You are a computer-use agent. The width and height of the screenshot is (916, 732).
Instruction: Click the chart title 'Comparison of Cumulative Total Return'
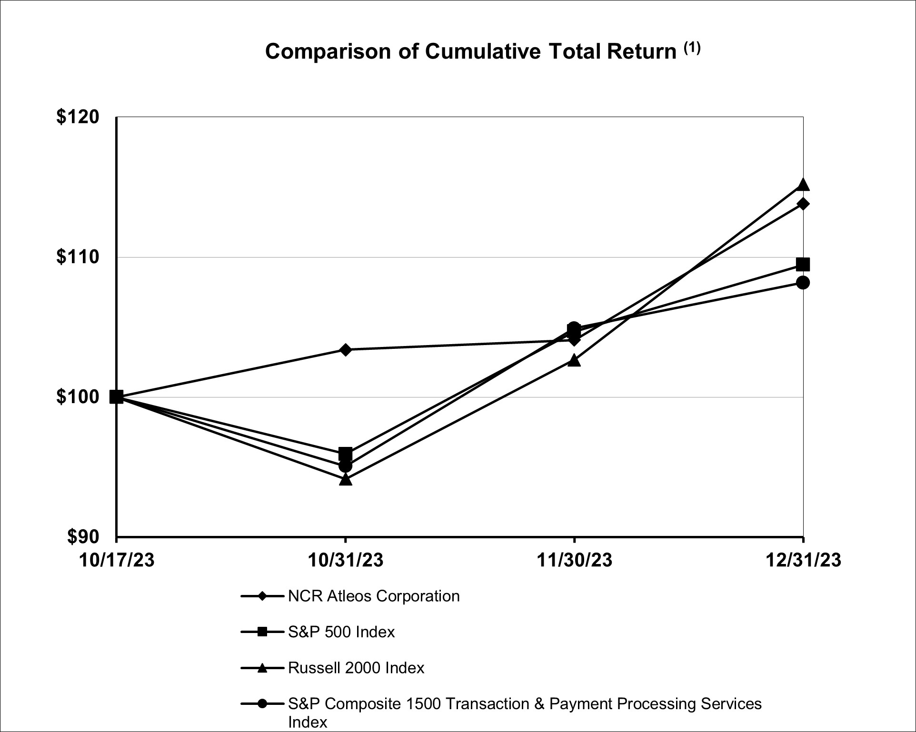click(x=470, y=51)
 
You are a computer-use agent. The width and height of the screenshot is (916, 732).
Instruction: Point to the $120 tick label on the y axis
click(x=78, y=117)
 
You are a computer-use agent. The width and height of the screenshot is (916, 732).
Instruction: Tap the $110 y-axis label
click(x=78, y=257)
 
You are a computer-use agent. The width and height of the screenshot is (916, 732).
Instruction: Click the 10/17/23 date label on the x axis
click(x=117, y=560)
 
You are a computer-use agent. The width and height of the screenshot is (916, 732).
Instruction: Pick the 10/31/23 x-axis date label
click(x=346, y=560)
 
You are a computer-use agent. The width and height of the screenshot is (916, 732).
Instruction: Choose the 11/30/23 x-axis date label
click(x=574, y=560)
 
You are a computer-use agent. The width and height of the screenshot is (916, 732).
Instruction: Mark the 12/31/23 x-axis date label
click(x=803, y=560)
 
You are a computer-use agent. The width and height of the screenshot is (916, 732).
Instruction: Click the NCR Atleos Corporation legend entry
click(x=374, y=596)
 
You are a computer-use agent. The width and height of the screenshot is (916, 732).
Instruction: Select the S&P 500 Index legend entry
click(x=341, y=632)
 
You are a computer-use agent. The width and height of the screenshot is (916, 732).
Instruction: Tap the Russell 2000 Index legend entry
click(x=356, y=668)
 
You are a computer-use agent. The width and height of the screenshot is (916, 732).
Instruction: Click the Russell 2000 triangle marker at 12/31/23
click(x=803, y=185)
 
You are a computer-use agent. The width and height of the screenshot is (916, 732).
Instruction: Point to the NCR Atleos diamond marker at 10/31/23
click(x=346, y=350)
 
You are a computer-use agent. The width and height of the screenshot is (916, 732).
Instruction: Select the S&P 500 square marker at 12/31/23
click(x=803, y=264)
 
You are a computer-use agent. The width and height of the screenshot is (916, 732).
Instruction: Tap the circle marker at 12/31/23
click(x=803, y=283)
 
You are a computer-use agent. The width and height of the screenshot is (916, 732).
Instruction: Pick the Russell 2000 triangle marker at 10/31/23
click(x=346, y=479)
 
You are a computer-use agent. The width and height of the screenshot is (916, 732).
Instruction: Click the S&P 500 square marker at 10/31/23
click(x=346, y=453)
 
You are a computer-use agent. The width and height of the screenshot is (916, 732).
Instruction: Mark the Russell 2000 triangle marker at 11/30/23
click(x=574, y=360)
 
